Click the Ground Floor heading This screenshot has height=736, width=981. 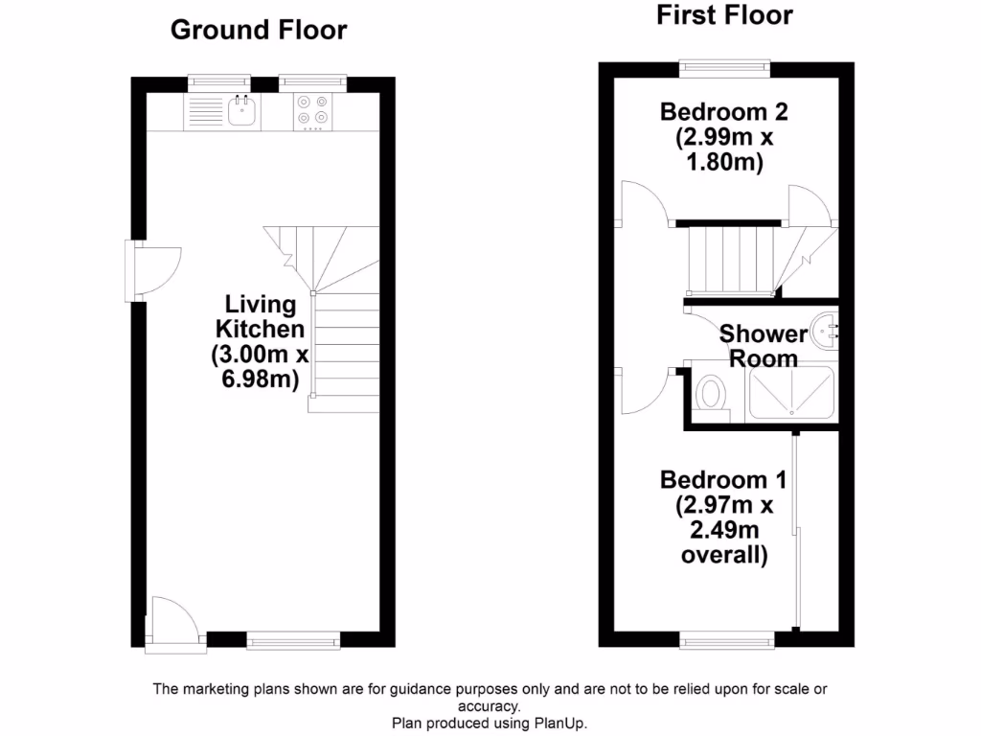tap(259, 30)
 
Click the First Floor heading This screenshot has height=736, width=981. tap(724, 15)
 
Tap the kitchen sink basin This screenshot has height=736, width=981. tap(241, 113)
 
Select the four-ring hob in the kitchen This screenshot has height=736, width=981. tap(312, 110)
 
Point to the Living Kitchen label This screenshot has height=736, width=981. tap(260, 317)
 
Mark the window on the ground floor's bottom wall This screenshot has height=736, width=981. tap(292, 641)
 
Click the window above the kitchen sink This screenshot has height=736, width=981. tap(218, 83)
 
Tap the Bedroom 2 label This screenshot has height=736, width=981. tap(724, 112)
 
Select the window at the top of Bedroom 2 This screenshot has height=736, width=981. tap(724, 66)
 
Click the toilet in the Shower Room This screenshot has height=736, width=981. tap(711, 393)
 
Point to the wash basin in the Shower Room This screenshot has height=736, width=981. tap(824, 333)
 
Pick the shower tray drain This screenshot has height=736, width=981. tap(792, 409)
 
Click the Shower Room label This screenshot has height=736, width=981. tap(764, 346)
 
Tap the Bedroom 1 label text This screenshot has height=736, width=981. tap(724, 478)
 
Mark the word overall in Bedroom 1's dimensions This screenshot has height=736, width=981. tap(723, 556)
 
